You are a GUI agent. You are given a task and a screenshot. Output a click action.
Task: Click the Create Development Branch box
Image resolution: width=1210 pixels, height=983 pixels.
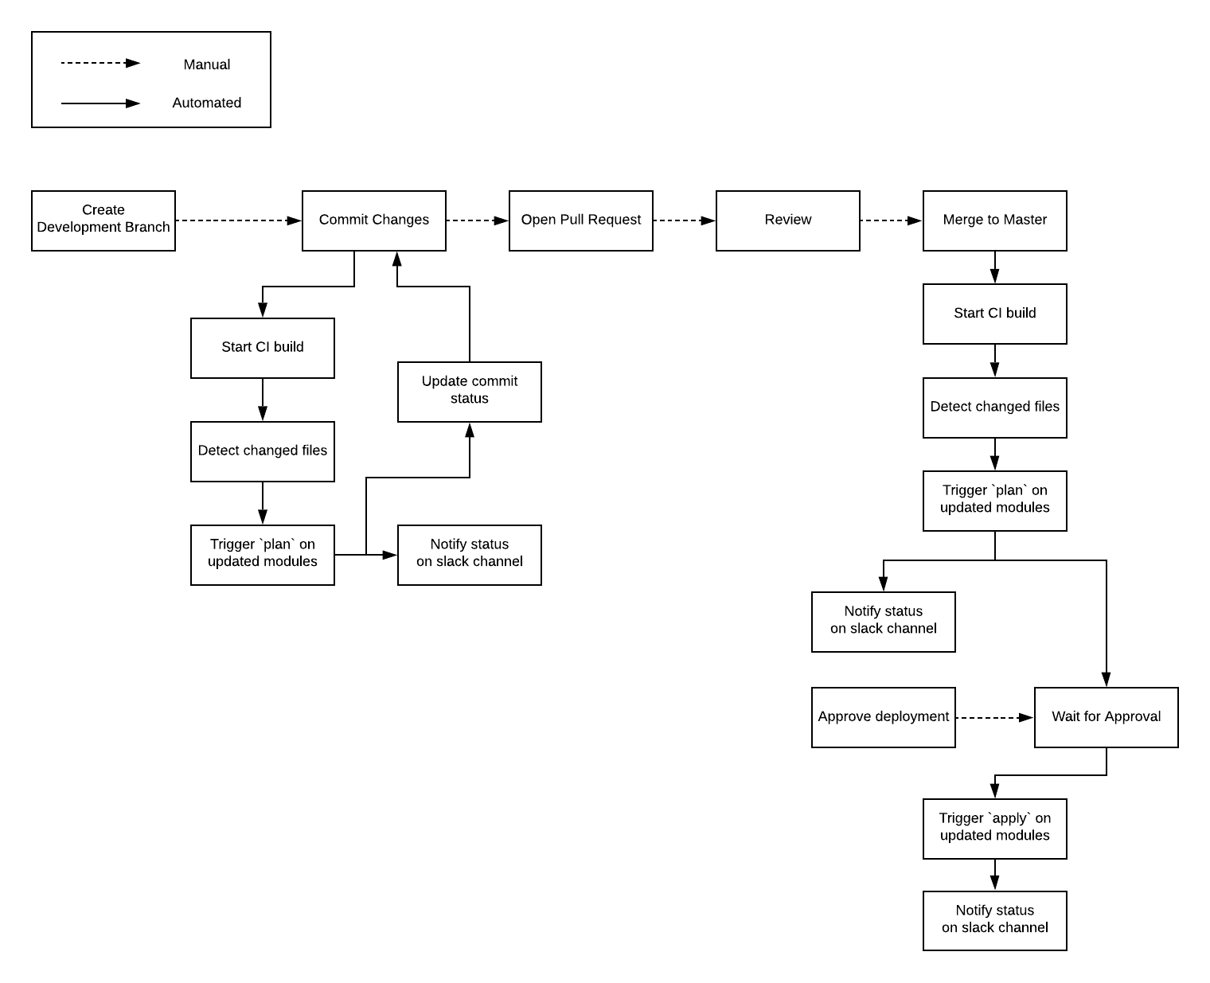(x=103, y=220)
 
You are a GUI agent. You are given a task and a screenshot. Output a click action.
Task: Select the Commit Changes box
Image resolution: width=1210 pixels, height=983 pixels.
(x=374, y=220)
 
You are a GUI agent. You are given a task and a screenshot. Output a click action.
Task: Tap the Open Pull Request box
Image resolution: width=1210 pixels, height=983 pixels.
(x=581, y=220)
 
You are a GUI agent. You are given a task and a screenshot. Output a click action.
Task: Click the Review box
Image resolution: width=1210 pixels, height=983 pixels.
(x=788, y=220)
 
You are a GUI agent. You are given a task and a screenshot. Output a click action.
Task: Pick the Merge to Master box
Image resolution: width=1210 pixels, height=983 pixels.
(x=995, y=220)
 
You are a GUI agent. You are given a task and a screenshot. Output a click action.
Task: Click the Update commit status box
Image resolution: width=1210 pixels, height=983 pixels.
(x=470, y=392)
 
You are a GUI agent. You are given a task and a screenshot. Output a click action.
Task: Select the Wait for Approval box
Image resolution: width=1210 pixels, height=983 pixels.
(x=1107, y=717)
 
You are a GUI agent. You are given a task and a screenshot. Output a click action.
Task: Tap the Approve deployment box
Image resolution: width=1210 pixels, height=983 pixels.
(x=884, y=717)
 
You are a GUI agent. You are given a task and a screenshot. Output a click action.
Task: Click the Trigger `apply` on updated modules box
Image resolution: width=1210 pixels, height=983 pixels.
(x=995, y=829)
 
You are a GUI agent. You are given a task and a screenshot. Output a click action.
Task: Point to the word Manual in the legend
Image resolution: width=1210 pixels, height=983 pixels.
(x=207, y=64)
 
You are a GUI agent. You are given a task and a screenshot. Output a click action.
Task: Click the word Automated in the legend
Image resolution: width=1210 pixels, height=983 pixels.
(x=207, y=103)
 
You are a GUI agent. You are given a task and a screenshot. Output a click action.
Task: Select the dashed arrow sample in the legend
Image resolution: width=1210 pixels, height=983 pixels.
(x=100, y=63)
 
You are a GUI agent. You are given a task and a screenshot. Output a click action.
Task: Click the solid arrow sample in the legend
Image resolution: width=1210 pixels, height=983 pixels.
(x=100, y=103)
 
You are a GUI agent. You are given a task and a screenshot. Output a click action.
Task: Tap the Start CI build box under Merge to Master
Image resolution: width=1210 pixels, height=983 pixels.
(x=995, y=314)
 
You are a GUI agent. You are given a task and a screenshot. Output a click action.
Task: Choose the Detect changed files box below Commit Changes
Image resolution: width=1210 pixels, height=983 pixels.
(x=263, y=451)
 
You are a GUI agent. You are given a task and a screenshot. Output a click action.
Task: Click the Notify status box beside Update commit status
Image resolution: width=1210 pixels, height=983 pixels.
(x=470, y=555)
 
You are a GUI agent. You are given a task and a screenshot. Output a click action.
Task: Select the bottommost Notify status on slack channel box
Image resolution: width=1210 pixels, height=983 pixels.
(x=995, y=920)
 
